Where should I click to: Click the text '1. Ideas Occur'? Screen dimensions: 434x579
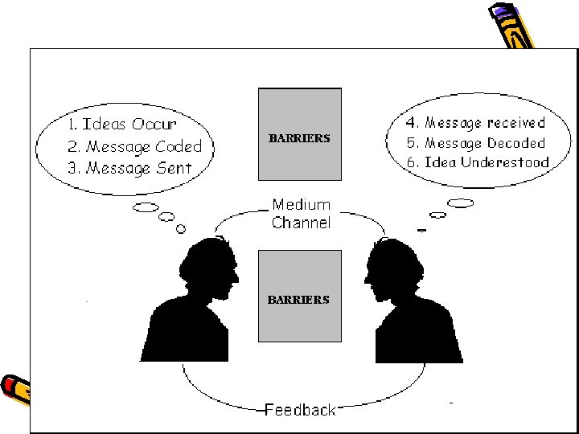(122, 125)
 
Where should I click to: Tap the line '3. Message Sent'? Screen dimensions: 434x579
(130, 168)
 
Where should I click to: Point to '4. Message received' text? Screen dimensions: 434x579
(476, 123)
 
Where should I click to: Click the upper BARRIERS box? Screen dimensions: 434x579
(299, 134)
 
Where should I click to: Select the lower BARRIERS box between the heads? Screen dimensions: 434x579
(299, 295)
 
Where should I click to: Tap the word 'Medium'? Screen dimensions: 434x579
(301, 205)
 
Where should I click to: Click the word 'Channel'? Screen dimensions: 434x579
(301, 223)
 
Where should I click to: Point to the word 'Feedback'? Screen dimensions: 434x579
(301, 410)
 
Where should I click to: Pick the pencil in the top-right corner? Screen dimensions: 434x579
(511, 29)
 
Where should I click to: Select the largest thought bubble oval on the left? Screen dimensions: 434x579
(146, 208)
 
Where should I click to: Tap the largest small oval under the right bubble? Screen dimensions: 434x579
(460, 203)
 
